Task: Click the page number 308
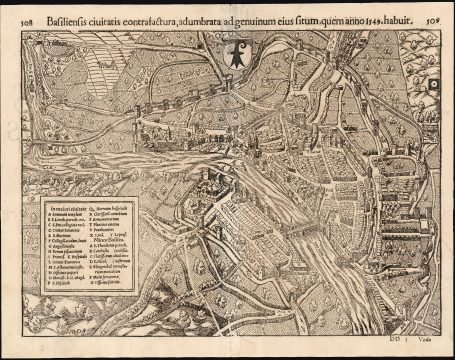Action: (13, 18)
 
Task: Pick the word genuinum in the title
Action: (284, 17)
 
